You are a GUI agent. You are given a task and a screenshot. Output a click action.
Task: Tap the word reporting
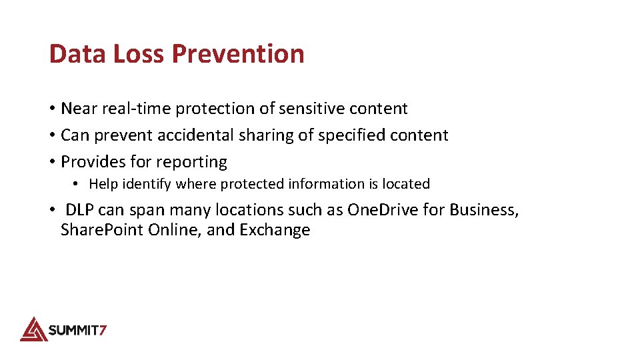click(x=194, y=162)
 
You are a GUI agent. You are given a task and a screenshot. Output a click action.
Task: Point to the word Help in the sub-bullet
click(x=103, y=184)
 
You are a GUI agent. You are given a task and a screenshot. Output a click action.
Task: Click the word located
click(x=406, y=184)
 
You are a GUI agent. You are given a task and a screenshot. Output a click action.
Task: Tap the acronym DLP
click(x=79, y=211)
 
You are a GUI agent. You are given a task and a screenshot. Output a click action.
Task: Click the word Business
click(x=483, y=211)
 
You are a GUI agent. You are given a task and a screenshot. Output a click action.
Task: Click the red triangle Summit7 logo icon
click(x=33, y=329)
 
